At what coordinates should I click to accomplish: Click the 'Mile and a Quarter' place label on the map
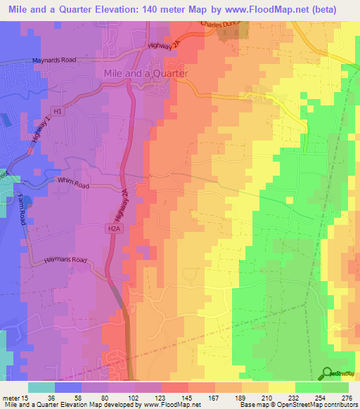click(x=146, y=73)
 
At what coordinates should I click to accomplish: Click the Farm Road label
click(x=22, y=210)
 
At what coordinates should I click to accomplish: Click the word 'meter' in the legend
click(x=10, y=398)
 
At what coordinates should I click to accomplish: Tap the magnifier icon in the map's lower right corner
click(x=328, y=373)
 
